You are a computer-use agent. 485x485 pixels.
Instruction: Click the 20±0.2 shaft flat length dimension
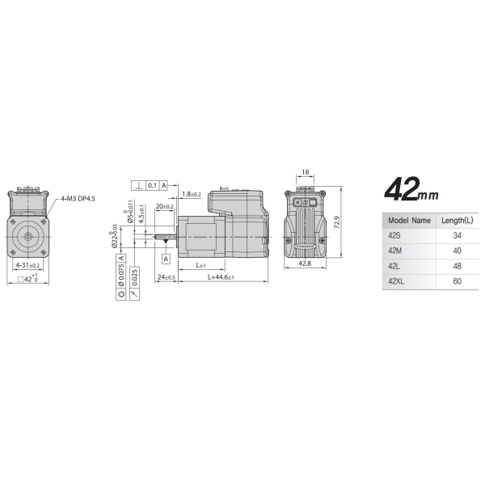click(x=164, y=207)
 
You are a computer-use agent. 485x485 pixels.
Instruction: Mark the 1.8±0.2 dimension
click(x=192, y=194)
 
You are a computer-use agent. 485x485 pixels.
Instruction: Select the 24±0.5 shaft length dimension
click(x=167, y=277)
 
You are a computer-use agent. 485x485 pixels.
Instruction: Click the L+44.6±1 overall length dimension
click(x=221, y=277)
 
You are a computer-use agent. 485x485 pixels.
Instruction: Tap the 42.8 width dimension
click(x=305, y=264)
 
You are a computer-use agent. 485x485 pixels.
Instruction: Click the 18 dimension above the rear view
click(x=305, y=172)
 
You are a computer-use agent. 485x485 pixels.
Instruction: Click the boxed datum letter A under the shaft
click(x=166, y=259)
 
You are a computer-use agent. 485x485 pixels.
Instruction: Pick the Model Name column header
click(x=409, y=219)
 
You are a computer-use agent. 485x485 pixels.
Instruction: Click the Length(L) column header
click(x=457, y=219)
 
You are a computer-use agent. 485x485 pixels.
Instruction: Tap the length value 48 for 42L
click(x=457, y=266)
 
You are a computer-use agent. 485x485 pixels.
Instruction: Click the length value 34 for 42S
click(x=457, y=235)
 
